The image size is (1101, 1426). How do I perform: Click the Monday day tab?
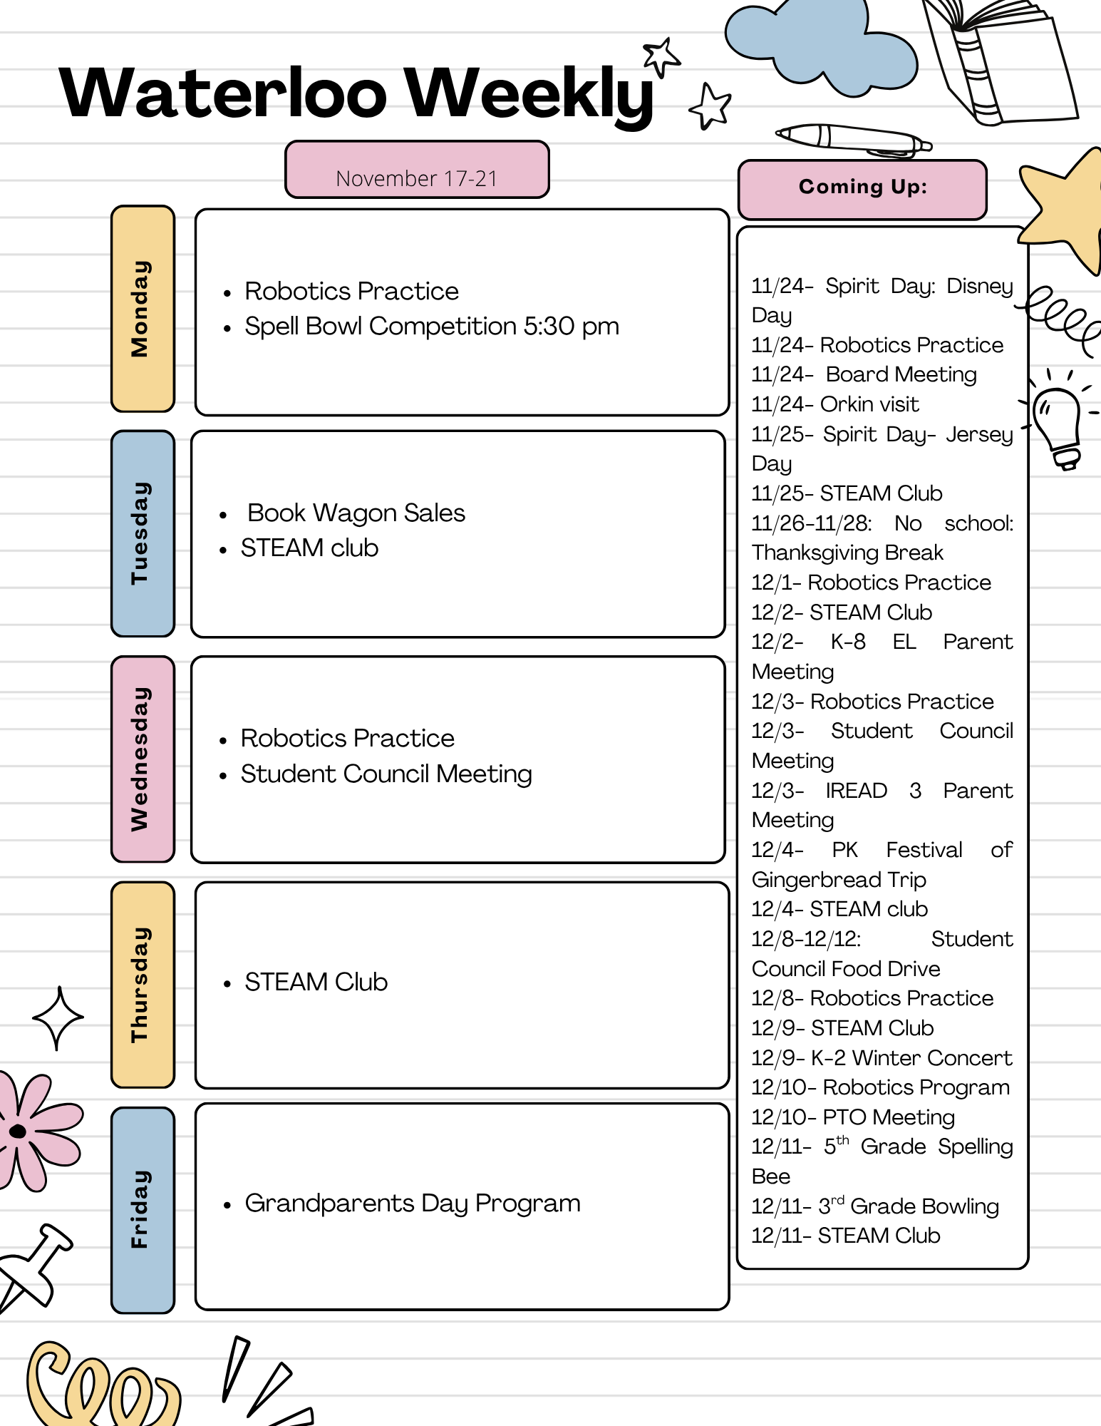(x=143, y=309)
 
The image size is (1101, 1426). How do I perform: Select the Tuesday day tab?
(x=143, y=533)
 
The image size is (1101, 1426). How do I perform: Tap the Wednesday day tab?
(x=143, y=759)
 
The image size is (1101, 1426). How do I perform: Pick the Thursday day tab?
(x=143, y=985)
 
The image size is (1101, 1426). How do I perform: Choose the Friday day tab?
(x=143, y=1209)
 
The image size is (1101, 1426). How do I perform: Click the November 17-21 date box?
(x=417, y=170)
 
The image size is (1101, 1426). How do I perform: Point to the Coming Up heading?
(x=862, y=188)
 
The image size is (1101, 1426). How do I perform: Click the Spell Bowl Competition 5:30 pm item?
(x=432, y=327)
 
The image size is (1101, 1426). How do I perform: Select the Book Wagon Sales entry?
(x=356, y=513)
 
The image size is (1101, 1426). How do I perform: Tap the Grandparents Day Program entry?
(x=413, y=1204)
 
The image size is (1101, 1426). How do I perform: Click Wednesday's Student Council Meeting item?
(x=386, y=774)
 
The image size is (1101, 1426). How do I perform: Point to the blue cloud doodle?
(x=820, y=43)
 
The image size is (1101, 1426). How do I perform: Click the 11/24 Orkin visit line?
(x=835, y=405)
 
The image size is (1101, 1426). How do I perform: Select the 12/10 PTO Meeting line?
(x=853, y=1117)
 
